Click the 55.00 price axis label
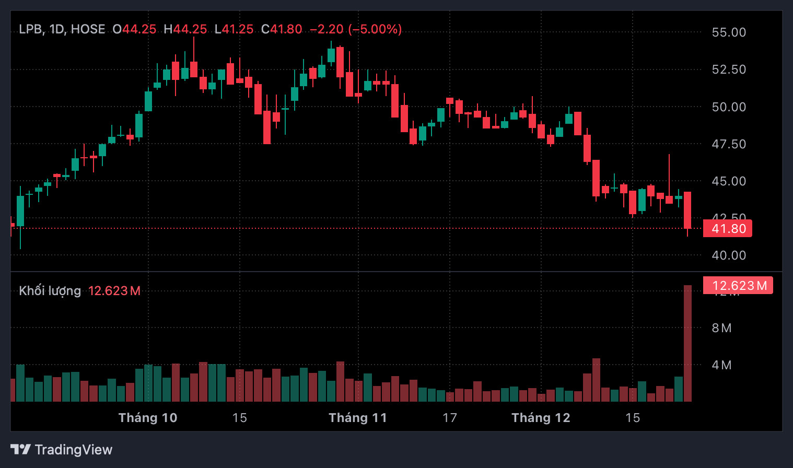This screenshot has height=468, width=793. click(728, 32)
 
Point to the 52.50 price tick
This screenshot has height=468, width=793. click(728, 69)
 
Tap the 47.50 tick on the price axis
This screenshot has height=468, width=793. click(728, 144)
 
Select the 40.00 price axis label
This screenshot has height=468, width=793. click(728, 255)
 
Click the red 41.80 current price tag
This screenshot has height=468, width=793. click(728, 229)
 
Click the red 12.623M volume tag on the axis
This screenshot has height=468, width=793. click(738, 286)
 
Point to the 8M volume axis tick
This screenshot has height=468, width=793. click(721, 328)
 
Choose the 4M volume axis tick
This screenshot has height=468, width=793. click(721, 365)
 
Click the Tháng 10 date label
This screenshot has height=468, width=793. click(148, 418)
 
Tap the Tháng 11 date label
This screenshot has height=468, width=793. click(358, 418)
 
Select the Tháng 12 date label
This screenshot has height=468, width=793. click(541, 418)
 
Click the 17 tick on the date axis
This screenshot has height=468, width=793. click(450, 418)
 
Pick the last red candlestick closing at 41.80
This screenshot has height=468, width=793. click(687, 210)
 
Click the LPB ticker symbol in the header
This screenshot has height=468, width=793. click(30, 29)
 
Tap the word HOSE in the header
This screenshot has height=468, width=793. click(88, 29)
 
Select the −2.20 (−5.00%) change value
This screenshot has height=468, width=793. click(356, 29)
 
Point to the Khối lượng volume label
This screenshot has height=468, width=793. click(50, 291)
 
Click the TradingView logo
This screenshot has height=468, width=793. click(62, 450)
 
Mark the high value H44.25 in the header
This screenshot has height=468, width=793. click(185, 29)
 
